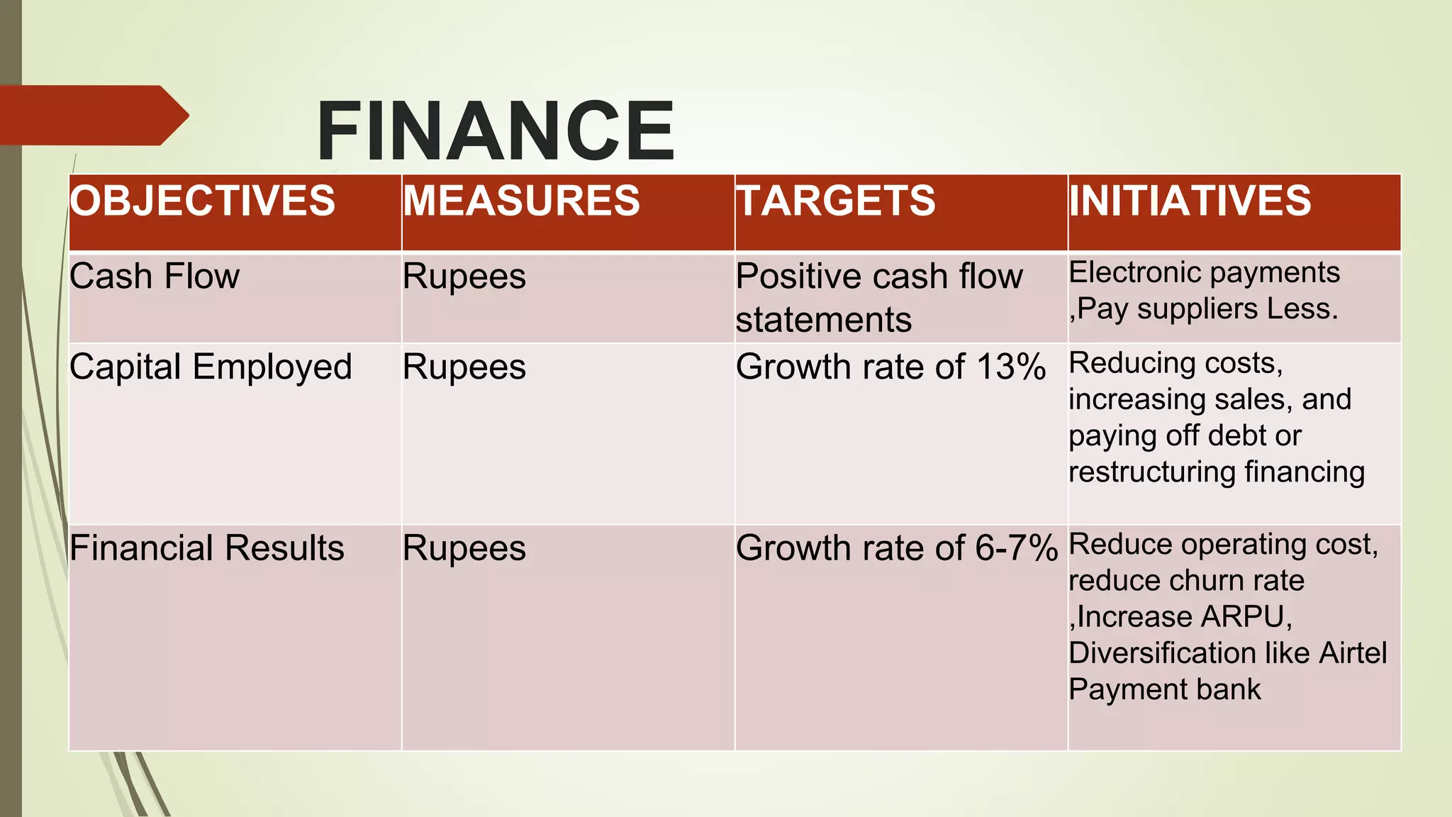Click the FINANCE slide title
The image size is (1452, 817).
point(496,131)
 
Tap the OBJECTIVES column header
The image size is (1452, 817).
point(203,201)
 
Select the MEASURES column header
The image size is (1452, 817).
point(522,201)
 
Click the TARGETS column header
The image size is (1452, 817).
point(836,201)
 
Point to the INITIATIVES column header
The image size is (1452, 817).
point(1190,201)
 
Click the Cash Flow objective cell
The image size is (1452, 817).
point(155,276)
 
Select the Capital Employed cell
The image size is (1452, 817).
point(211,367)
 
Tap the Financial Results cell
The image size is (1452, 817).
point(207,548)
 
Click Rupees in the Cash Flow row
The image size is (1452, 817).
point(464,277)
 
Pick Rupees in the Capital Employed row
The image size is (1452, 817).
point(464,367)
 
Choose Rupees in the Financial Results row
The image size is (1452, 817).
point(464,549)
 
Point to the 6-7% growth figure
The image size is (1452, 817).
point(1017,548)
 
